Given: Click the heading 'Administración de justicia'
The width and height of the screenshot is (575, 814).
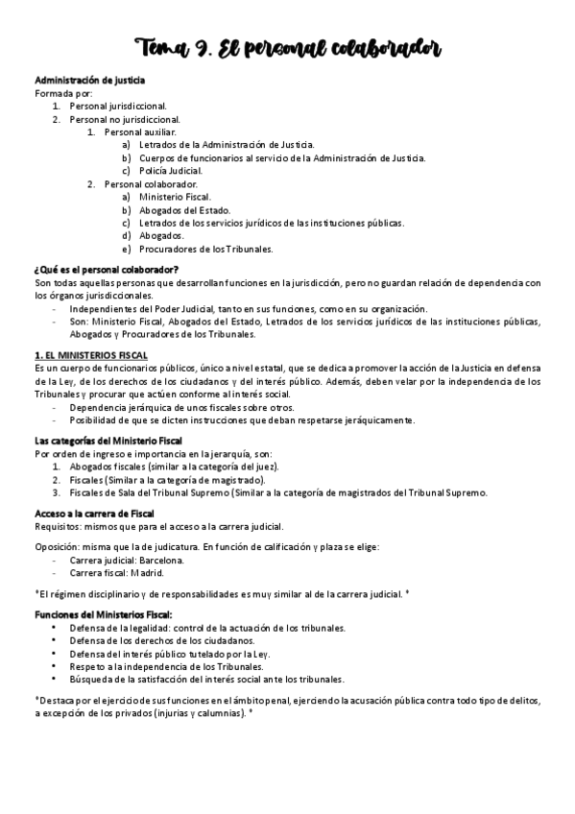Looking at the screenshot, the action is point(90,81).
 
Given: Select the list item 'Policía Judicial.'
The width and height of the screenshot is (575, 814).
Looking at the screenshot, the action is point(171,170).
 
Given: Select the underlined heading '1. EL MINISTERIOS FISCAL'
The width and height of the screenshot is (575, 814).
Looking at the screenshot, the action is point(90,355).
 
